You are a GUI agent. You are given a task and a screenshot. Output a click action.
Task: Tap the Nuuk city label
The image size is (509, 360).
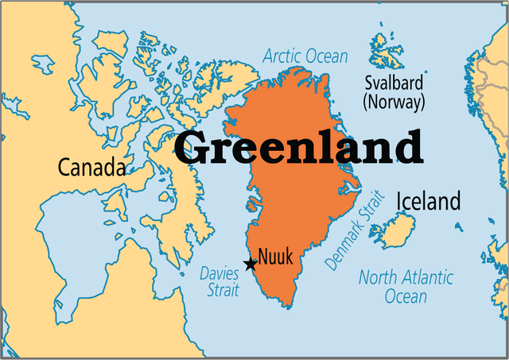tap(275, 257)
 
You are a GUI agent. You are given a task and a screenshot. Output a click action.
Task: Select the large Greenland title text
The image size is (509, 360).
tap(298, 147)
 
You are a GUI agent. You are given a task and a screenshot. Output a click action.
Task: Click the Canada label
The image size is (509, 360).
tap(91, 168)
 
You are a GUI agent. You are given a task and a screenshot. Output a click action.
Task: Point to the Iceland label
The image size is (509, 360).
tap(428, 201)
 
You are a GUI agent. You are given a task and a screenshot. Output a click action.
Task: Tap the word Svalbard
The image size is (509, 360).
tap(394, 83)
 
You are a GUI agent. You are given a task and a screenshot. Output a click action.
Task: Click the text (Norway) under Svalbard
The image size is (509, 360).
tap(394, 102)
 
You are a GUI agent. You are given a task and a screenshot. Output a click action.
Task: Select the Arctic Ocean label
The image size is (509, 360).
tap(305, 56)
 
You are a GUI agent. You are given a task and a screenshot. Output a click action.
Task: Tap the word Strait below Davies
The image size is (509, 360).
tap(223, 290)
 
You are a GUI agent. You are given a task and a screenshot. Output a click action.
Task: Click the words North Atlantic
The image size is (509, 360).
tap(406, 278)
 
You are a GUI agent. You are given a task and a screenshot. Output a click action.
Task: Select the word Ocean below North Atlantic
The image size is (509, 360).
tap(406, 296)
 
